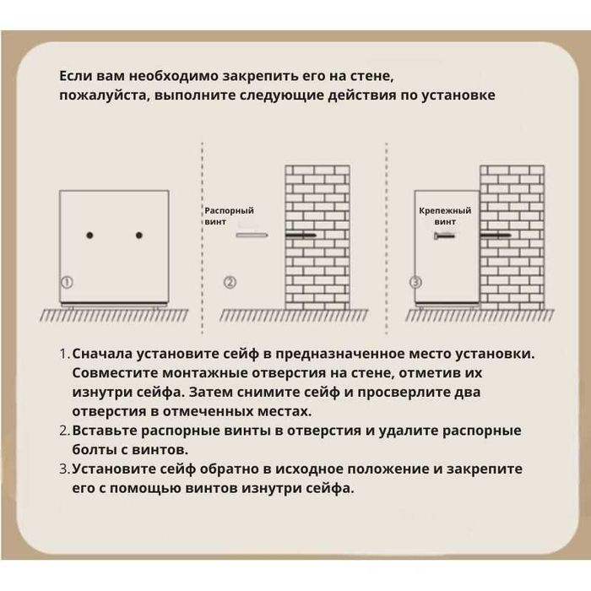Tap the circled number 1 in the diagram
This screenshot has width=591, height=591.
[67, 281]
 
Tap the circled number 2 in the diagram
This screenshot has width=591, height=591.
[230, 281]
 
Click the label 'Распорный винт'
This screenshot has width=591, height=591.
[229, 215]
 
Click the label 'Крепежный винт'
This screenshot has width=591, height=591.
[445, 215]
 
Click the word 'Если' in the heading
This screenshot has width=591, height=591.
[74, 75]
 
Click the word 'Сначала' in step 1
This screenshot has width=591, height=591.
[106, 353]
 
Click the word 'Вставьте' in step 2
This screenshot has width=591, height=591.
[107, 431]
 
